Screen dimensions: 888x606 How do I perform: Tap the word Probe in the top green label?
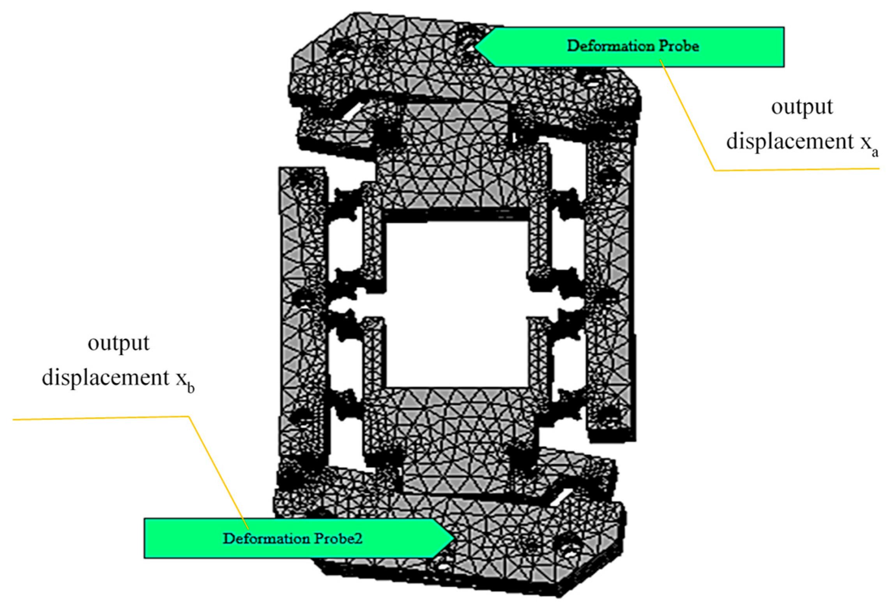[679, 46]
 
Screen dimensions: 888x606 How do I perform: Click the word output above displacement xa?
[802, 107]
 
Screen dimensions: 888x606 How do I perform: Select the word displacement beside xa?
[790, 141]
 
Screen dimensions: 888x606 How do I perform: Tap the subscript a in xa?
[875, 152]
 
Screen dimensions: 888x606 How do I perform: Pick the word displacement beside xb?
[106, 378]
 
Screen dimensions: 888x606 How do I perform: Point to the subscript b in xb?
[191, 388]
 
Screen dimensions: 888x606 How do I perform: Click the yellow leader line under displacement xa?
[795, 170]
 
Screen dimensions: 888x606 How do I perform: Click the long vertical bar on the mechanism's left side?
[302, 312]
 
